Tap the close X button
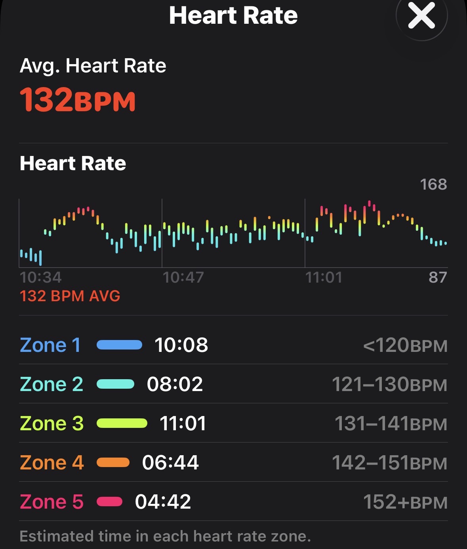(421, 16)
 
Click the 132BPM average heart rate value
(78, 99)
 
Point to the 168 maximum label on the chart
(433, 184)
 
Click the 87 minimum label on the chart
(438, 277)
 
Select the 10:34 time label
(41, 277)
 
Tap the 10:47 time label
(183, 277)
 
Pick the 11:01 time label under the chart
(324, 277)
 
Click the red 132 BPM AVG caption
(70, 296)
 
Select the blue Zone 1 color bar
(119, 345)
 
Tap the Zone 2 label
(51, 384)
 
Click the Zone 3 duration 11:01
(183, 424)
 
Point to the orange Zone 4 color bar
(113, 462)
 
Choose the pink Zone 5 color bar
(110, 502)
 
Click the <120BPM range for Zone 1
(405, 346)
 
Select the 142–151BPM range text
(390, 463)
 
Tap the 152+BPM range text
(405, 502)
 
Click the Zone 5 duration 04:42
(163, 502)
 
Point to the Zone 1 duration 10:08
(181, 345)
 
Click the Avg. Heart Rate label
(93, 66)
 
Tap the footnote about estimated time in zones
(165, 536)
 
